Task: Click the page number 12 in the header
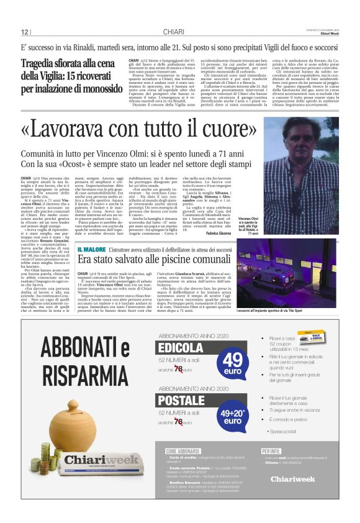[x=25, y=32]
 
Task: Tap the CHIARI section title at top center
[x=174, y=32]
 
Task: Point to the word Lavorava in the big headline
[x=70, y=129]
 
